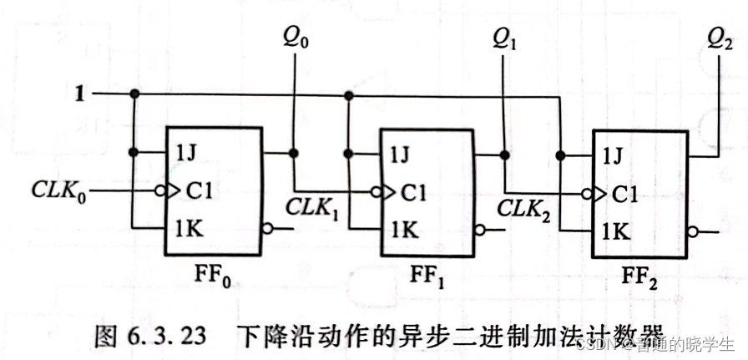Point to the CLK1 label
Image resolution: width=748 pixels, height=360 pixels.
(x=311, y=206)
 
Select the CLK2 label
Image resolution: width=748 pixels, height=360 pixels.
(x=524, y=206)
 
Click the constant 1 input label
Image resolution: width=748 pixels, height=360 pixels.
(x=80, y=94)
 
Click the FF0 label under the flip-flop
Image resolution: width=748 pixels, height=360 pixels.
(x=212, y=275)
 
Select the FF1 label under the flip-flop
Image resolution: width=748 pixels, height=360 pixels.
(x=426, y=275)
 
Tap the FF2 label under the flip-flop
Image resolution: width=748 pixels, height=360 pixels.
(x=639, y=276)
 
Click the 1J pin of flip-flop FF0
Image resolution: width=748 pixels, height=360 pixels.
(x=187, y=153)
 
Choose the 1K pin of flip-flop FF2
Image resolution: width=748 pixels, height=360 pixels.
(x=616, y=231)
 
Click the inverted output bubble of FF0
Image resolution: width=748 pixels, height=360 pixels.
(x=266, y=227)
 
